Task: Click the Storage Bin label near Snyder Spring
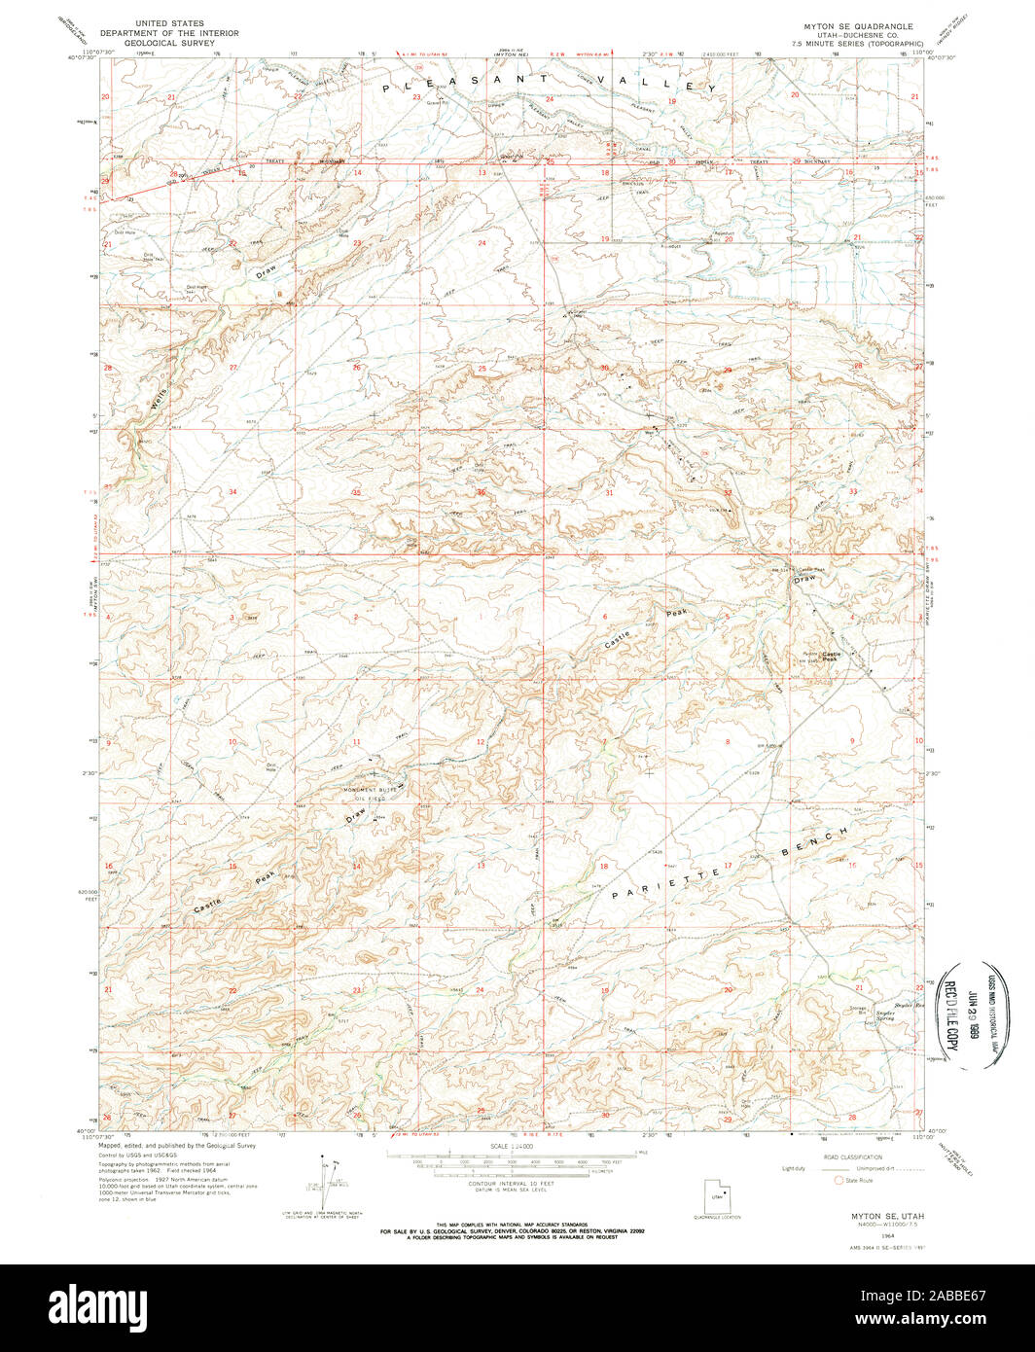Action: (857, 1009)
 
